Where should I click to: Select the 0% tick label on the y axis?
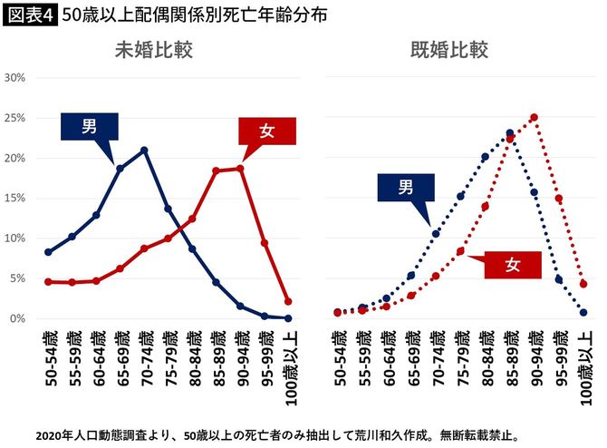coord(19,318)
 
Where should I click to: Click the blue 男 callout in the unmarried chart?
coord(90,127)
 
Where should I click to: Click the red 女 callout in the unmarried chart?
coord(266,131)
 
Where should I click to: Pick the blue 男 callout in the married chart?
coord(406,188)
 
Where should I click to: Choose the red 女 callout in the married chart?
coord(512,265)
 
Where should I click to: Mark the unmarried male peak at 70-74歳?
coord(144,150)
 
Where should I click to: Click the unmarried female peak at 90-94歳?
coord(240,168)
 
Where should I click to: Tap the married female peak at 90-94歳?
coord(535,117)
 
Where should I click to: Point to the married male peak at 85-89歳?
coord(510,132)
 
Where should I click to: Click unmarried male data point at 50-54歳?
coord(48,252)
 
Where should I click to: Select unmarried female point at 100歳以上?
coord(288,302)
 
